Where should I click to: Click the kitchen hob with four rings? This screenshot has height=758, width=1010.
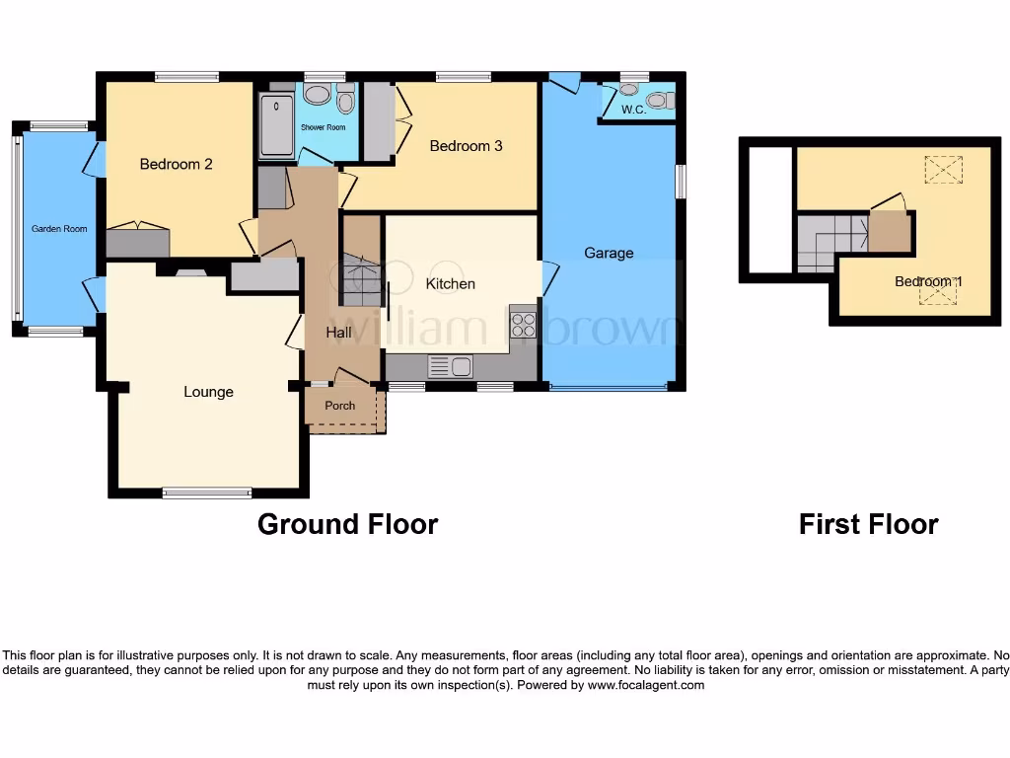coord(523,325)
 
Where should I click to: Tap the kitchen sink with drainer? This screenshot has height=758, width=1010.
coord(451,367)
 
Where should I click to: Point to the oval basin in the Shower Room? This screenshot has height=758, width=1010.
coord(317,95)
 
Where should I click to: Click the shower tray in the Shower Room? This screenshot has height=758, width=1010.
coord(276,125)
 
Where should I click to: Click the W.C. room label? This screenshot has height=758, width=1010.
coord(633,110)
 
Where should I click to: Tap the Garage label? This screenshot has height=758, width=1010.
coord(609,253)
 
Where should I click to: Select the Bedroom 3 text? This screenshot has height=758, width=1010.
coord(466,146)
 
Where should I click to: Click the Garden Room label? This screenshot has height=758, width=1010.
coord(59,229)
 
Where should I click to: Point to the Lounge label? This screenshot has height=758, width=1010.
coord(208,392)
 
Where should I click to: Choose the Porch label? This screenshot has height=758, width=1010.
coord(339,406)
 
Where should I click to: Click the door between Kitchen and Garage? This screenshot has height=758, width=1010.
coord(548,277)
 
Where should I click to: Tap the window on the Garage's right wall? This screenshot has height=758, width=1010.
coord(680,182)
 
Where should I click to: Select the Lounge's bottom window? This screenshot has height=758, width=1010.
coord(207,493)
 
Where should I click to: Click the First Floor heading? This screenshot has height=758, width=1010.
coord(868,524)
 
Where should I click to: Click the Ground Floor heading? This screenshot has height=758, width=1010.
coord(347,524)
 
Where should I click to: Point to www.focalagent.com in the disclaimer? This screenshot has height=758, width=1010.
coord(646,685)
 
